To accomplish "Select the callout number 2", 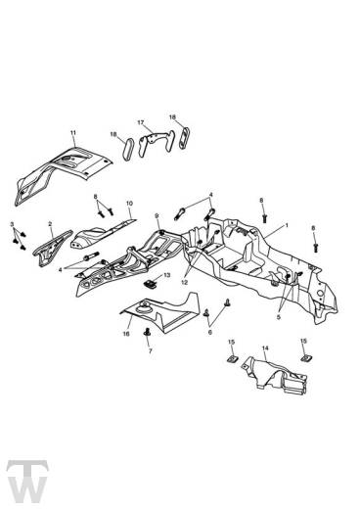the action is [x=11, y=226].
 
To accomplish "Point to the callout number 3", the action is [x=11, y=226].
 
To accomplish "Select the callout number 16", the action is [x=126, y=334].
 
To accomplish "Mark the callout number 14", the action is [x=264, y=348].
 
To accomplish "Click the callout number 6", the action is [x=208, y=333].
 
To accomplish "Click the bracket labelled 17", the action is [x=151, y=143].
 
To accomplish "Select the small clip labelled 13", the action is [x=150, y=282].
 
